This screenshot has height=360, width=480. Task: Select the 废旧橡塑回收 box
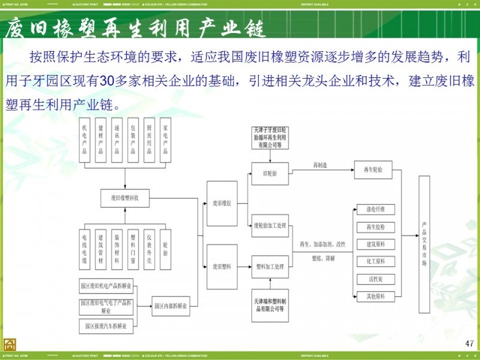pyautogui.click(x=125, y=196)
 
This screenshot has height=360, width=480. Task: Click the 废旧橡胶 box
pyautogui.click(x=221, y=203)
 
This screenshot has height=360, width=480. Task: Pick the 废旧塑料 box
pyautogui.click(x=221, y=265)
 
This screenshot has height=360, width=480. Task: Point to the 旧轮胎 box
pyautogui.click(x=270, y=173)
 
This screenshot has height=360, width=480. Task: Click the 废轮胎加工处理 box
pyautogui.click(x=270, y=225)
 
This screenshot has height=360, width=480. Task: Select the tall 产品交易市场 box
pyautogui.click(x=424, y=244)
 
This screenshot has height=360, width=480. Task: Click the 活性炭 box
pyautogui.click(x=375, y=278)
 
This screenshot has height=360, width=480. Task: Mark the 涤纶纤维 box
pyautogui.click(x=375, y=209)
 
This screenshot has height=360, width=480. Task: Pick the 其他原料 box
pyautogui.click(x=375, y=296)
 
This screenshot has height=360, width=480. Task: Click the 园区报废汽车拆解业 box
pyautogui.click(x=106, y=326)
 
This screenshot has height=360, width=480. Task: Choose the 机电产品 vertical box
pyautogui.click(x=85, y=140)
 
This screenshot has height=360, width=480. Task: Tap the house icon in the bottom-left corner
pyautogui.click(x=10, y=344)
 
